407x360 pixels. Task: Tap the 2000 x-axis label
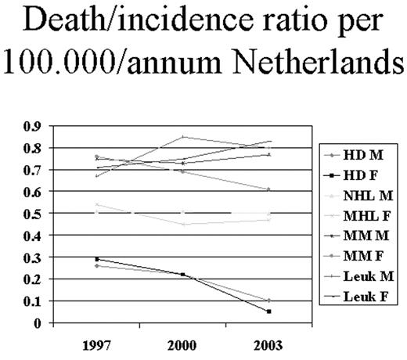(182, 344)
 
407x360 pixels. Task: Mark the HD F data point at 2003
(268, 311)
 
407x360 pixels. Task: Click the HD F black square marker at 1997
(97, 259)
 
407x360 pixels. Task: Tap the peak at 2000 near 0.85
(183, 137)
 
